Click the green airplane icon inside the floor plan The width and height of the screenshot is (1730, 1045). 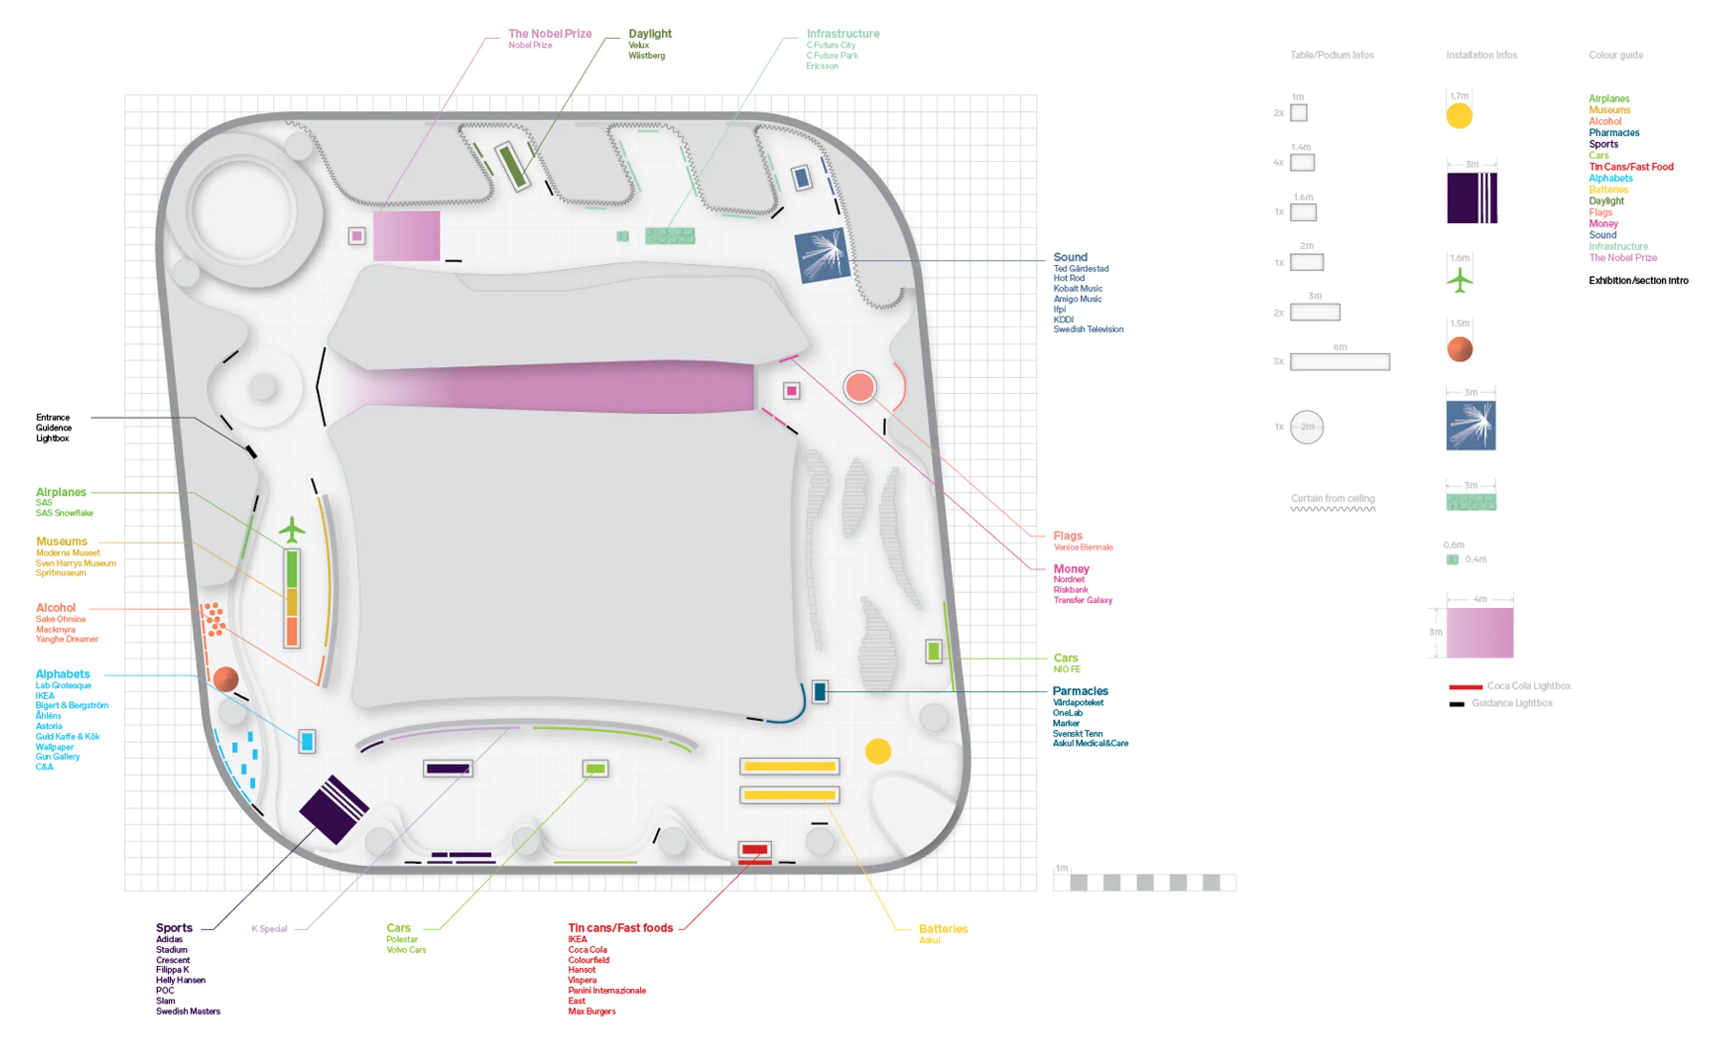291,530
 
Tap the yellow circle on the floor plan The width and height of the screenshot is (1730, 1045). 878,751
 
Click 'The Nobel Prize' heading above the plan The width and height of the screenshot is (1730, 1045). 550,34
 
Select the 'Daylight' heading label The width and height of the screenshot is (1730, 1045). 650,34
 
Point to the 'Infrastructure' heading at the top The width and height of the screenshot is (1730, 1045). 842,34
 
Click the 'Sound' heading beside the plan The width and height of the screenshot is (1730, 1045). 1070,258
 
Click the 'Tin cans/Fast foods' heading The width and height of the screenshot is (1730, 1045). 620,928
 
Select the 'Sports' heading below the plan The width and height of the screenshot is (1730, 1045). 174,928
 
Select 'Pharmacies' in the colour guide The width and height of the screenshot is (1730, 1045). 1613,133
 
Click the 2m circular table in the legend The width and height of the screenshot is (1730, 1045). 1307,427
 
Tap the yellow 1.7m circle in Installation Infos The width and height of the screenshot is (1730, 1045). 1459,116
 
